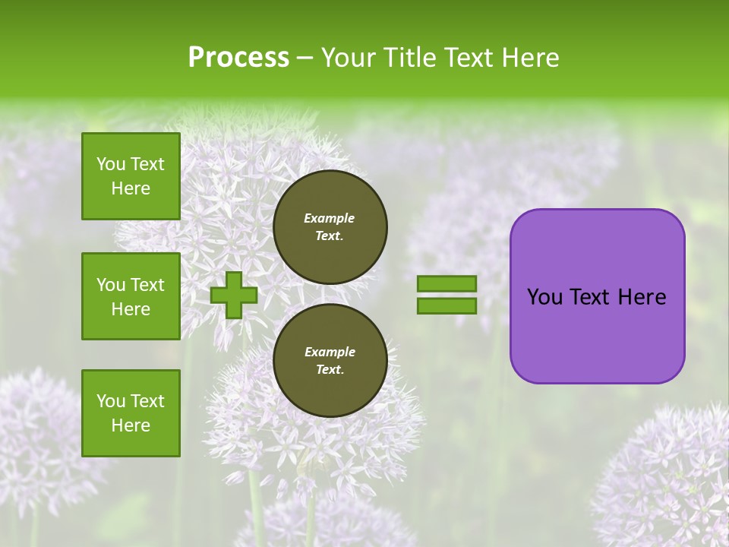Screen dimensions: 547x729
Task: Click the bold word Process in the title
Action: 238,58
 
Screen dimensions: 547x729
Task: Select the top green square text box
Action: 131,176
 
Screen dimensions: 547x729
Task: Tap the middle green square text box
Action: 131,296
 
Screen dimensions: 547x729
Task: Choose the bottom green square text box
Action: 131,413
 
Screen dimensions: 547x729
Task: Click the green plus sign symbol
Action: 234,295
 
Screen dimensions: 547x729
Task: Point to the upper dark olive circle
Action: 330,227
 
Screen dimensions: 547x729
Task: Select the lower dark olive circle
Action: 330,361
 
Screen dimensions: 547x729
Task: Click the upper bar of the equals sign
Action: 447,284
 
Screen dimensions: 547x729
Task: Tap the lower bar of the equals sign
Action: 447,306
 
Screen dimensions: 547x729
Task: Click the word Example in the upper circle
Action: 330,218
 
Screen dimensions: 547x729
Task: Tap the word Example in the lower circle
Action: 330,352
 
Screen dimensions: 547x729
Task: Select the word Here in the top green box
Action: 131,188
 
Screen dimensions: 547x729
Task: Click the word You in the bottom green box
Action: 111,401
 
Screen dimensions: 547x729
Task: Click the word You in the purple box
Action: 545,297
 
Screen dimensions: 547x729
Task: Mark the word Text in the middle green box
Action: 147,285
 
